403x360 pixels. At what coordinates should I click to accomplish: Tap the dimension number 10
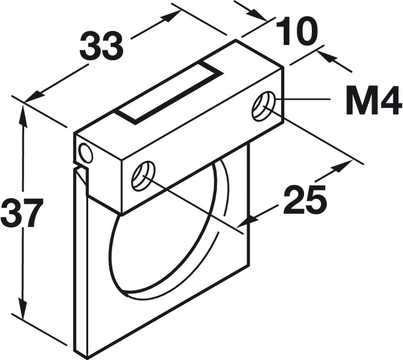(x=297, y=32)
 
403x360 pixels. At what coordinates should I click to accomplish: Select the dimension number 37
(x=22, y=213)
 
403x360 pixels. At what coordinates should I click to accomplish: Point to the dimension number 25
(x=305, y=199)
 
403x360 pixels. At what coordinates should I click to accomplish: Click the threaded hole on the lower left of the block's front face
(x=143, y=176)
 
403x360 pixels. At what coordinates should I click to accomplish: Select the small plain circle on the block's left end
(x=86, y=153)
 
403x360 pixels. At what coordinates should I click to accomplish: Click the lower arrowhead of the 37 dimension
(x=23, y=308)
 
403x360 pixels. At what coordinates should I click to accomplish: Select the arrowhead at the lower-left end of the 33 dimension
(x=34, y=96)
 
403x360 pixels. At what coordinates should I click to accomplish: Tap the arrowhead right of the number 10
(x=327, y=57)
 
